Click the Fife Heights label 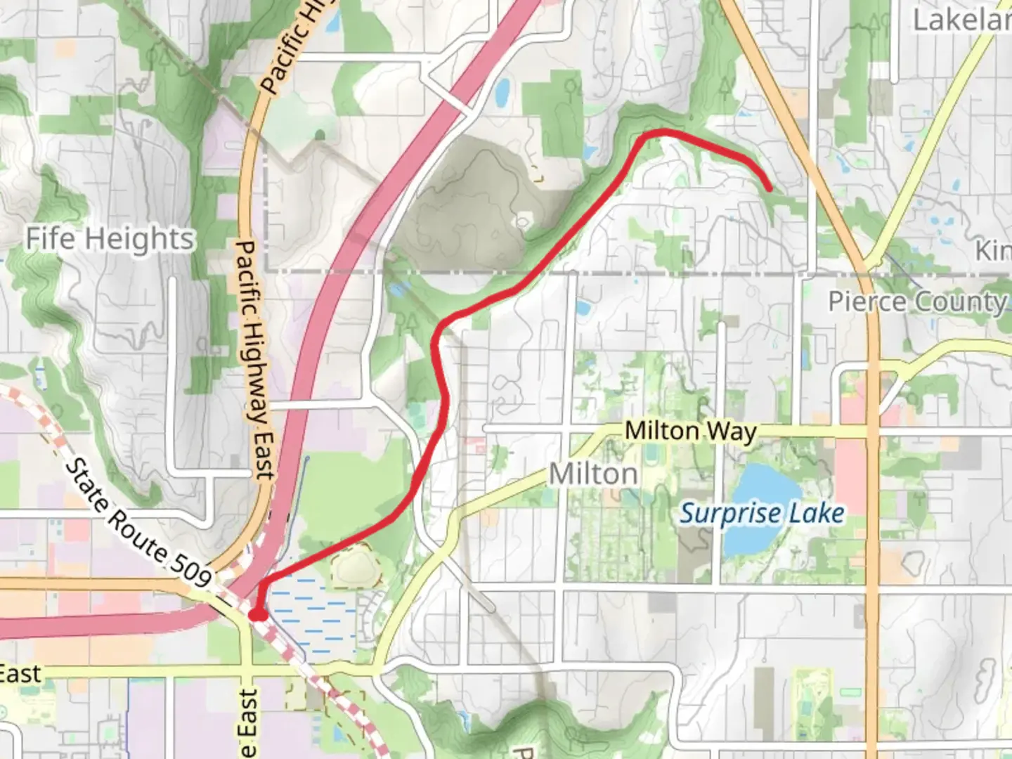pyautogui.click(x=110, y=239)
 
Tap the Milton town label pyautogui.click(x=593, y=474)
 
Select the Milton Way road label pyautogui.click(x=690, y=431)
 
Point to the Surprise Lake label pyautogui.click(x=762, y=514)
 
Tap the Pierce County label pyautogui.click(x=918, y=302)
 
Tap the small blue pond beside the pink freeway pyautogui.click(x=502, y=91)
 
